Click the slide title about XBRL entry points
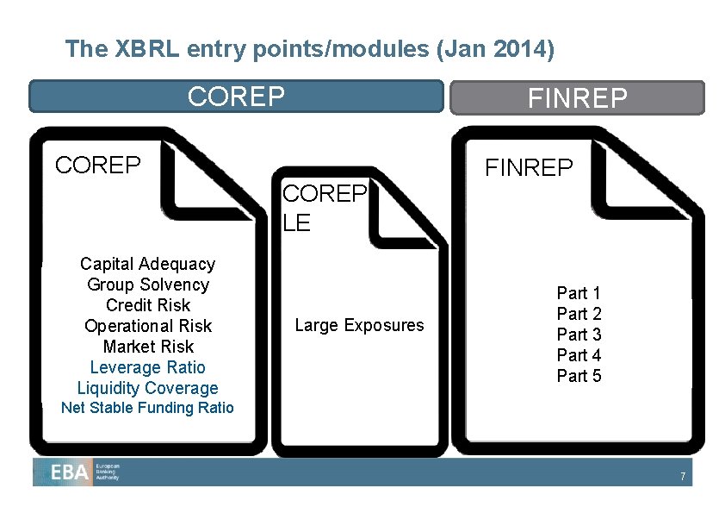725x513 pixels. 309,49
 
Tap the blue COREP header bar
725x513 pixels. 236,97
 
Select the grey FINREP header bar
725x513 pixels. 577,98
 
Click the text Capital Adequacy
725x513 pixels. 147,264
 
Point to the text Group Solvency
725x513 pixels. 147,285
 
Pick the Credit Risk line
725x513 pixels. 147,305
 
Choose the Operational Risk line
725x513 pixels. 147,326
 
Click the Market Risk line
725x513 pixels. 147,347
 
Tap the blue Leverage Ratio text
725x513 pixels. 147,367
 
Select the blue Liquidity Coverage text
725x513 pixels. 147,388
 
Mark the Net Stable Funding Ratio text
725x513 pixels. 147,408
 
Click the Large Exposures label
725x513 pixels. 359,325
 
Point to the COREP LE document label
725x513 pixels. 324,208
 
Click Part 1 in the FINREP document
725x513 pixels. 579,293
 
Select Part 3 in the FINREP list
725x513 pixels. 579,335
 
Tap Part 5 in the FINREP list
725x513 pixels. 579,376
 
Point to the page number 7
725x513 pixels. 682,477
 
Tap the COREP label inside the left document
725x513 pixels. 97,165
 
